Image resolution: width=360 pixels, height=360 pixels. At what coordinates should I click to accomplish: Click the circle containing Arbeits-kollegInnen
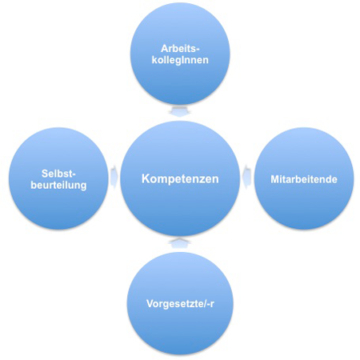(180, 54)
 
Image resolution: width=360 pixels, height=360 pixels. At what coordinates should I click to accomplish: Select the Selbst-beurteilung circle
(58, 178)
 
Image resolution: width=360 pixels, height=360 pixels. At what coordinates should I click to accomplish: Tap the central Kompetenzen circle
(180, 178)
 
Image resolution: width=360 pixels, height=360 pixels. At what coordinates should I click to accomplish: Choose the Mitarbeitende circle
(304, 178)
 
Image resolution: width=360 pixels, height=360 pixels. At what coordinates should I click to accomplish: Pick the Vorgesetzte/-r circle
(180, 303)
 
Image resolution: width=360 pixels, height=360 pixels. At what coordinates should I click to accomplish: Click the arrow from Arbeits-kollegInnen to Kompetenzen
(180, 111)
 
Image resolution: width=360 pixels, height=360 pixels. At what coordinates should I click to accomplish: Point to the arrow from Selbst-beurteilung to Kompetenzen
(114, 177)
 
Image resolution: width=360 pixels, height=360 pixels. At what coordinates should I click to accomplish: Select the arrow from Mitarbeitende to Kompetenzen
(246, 177)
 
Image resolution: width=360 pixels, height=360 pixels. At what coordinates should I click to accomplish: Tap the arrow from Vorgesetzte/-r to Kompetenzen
(180, 242)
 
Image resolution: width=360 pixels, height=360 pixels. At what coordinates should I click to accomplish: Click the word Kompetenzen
(180, 178)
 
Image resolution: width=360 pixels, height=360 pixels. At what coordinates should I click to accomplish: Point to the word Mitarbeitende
(304, 179)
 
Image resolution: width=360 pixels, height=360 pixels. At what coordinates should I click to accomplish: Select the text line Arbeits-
(180, 49)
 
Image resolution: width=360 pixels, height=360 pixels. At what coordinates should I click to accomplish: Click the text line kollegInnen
(180, 60)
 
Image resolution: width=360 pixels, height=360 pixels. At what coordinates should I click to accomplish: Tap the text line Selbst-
(58, 174)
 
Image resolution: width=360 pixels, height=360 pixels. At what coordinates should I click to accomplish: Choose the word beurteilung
(58, 185)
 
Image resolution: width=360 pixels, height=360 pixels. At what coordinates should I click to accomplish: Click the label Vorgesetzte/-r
(180, 304)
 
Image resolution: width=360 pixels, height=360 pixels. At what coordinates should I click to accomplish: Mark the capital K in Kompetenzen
(146, 178)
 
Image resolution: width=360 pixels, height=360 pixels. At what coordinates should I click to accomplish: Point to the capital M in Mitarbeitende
(275, 179)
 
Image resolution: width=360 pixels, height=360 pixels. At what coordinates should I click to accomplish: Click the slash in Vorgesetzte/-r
(206, 304)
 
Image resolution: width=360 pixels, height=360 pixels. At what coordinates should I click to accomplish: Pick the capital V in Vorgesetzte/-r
(150, 303)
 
